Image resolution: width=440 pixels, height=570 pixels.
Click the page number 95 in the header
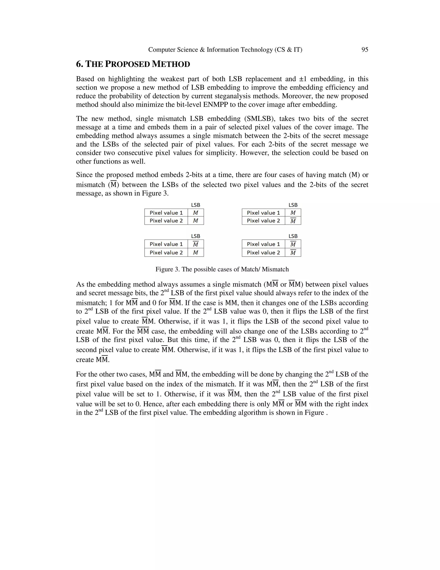pos(365,50)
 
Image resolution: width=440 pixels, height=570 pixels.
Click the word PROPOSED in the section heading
pos(128,64)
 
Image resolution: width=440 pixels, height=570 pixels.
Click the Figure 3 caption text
pos(222,269)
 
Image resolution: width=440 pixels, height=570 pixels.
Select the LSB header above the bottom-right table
pos(293,236)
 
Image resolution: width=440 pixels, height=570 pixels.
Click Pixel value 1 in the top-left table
pos(166,213)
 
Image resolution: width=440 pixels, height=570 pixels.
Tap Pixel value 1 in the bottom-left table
pos(166,244)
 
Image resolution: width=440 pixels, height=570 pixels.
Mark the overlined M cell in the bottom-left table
pos(196,244)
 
